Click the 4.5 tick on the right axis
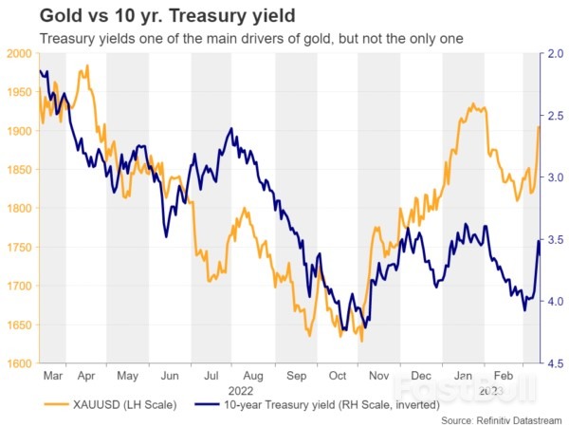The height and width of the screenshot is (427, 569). pyautogui.click(x=555, y=363)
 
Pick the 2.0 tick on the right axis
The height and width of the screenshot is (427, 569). pyautogui.click(x=555, y=54)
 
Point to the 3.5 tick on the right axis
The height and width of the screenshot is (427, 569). pyautogui.click(x=555, y=239)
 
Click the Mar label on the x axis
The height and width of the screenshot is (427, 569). pyautogui.click(x=52, y=375)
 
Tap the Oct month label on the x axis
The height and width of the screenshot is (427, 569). pyautogui.click(x=335, y=375)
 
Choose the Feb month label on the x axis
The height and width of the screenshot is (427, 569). pyautogui.click(x=504, y=375)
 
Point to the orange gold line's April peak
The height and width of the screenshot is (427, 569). pyautogui.click(x=87, y=66)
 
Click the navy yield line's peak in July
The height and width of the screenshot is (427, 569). pyautogui.click(x=230, y=129)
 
